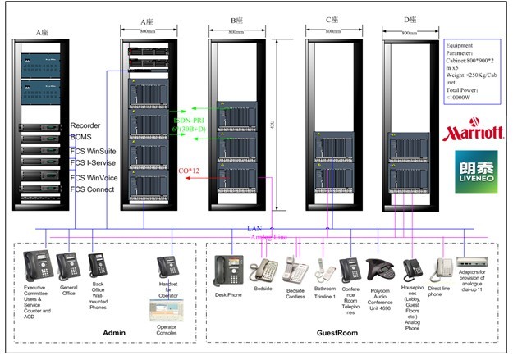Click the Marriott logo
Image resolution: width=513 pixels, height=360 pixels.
[x=473, y=131]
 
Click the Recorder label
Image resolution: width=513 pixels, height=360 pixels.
[x=88, y=125]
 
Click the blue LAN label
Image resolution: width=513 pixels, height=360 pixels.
[x=254, y=227]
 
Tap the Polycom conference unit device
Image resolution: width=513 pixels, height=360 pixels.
[x=378, y=271]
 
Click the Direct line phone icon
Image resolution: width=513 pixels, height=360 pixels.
[x=441, y=269]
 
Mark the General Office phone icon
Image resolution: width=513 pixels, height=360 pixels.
[x=67, y=267]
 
